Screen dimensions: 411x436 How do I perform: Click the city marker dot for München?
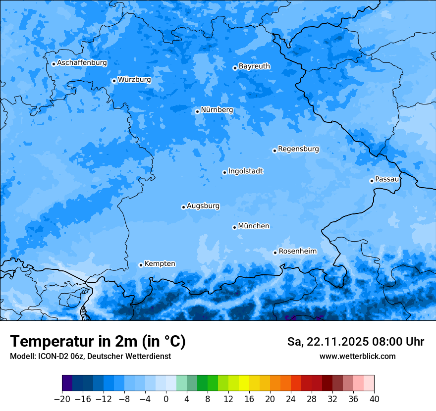234,227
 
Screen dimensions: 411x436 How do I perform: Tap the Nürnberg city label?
217,110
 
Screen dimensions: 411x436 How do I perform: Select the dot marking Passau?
372,181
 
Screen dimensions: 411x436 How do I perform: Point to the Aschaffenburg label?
82,63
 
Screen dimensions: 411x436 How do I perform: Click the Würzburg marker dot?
114,81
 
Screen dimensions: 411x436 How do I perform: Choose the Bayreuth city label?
254,66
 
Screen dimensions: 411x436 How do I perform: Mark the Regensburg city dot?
274,151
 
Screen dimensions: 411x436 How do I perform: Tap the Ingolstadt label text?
245,171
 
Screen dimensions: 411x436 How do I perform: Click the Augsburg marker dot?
183,207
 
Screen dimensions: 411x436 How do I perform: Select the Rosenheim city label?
297,251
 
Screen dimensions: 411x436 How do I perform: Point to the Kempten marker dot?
141,265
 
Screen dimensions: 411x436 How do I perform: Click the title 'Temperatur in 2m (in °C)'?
98,341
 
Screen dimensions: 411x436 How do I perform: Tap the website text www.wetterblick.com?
357,356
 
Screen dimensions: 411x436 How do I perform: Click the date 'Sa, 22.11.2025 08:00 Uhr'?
355,342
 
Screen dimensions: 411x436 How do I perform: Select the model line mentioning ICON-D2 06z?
90,356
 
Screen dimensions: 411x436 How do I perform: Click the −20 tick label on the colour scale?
62,399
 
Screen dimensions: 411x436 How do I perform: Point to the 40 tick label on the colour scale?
374,399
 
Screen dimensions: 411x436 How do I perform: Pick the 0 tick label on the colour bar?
166,399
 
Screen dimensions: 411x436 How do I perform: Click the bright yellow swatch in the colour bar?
244,383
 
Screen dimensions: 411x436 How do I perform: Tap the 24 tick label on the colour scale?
291,399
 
